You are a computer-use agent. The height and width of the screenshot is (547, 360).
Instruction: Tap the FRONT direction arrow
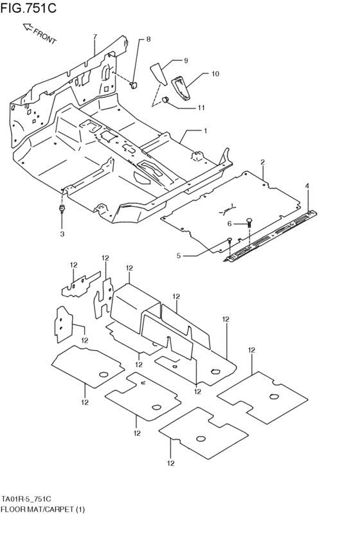point(28,28)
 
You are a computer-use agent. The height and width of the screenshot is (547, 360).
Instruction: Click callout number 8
point(148,40)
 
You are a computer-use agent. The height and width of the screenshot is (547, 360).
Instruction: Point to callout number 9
point(186,60)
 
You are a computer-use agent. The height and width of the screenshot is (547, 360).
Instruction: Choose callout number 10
point(215,74)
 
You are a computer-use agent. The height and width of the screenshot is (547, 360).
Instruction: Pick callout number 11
point(201,107)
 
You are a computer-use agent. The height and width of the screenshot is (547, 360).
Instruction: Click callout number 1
point(205,130)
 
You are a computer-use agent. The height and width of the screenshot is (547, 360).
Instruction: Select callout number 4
point(307,186)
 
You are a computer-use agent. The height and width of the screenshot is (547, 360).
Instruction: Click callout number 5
point(179,256)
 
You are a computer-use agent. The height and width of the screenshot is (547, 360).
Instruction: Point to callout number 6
point(229,223)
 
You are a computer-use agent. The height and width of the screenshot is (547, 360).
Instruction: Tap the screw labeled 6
point(249,222)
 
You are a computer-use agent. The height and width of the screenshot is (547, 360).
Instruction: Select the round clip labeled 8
point(134,84)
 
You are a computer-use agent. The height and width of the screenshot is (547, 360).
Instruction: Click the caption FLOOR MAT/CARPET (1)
point(43,509)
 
